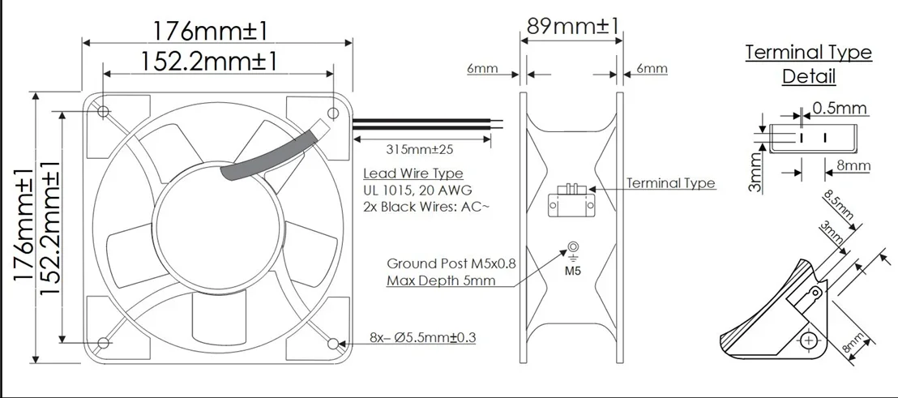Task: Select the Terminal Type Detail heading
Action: (808, 65)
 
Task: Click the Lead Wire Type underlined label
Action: (413, 173)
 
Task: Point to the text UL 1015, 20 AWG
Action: (417, 190)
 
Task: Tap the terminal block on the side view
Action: (572, 201)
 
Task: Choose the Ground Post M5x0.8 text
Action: (451, 264)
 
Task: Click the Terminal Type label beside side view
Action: (671, 183)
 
